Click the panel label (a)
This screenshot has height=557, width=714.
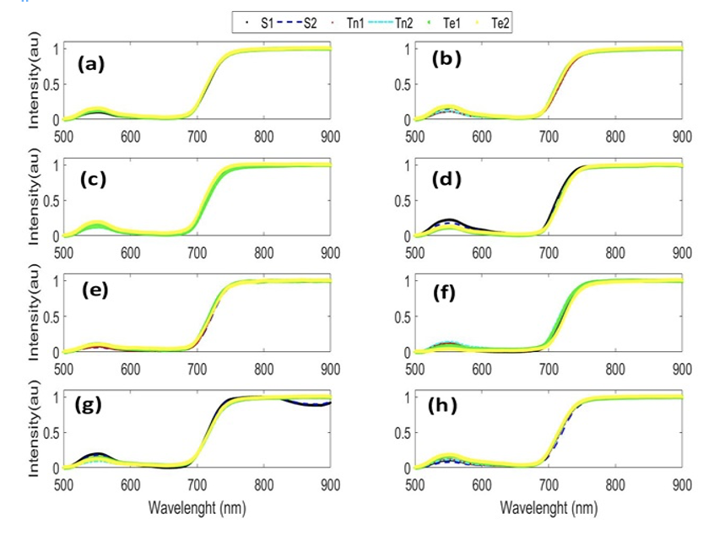pyautogui.click(x=90, y=63)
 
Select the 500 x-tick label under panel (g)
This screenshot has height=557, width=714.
pyautogui.click(x=63, y=485)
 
